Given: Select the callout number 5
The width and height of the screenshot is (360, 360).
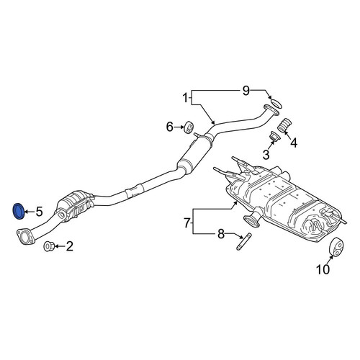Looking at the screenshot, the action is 40,212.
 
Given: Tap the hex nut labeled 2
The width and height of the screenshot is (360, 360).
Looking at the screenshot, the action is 49,246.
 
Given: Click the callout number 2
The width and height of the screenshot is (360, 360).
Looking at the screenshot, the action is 69,246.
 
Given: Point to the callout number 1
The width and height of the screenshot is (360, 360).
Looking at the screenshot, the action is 185,98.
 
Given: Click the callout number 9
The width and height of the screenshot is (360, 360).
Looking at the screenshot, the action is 246,91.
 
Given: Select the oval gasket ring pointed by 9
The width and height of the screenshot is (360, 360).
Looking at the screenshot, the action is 276,104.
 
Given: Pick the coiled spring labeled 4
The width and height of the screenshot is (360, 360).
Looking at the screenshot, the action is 285,125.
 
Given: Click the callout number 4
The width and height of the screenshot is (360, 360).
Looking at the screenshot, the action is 294,143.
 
